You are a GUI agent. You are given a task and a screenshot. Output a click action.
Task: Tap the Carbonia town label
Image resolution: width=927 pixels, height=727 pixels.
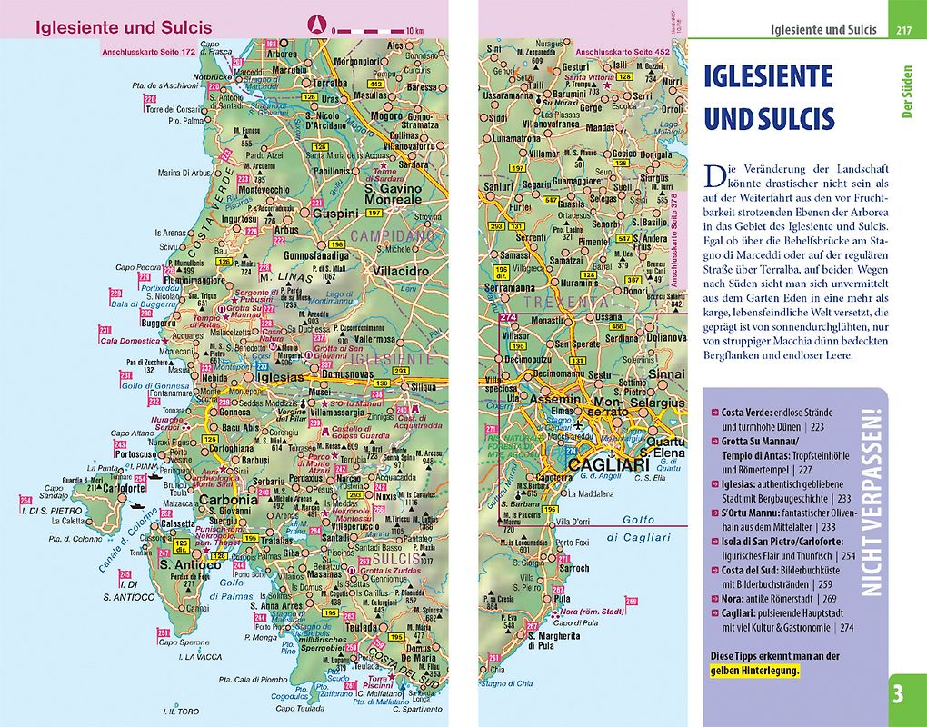click(229, 499)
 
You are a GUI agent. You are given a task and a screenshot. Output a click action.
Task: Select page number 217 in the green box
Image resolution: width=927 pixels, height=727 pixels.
click(903, 30)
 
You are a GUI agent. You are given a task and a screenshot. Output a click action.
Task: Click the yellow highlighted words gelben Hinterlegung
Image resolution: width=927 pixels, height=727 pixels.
click(754, 671)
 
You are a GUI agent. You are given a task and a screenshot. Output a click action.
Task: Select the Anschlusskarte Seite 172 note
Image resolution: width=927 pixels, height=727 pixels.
click(148, 51)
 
